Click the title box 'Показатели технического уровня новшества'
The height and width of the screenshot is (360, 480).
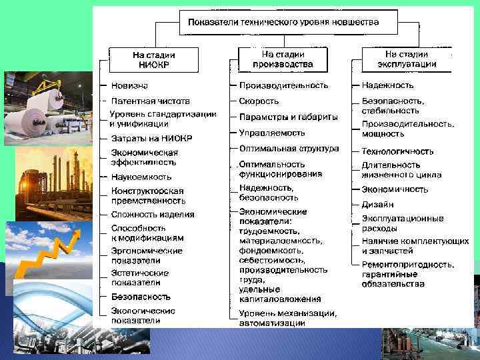click(x=283, y=23)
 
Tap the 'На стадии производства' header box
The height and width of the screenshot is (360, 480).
click(x=283, y=59)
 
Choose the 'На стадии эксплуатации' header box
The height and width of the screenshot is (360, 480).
click(x=406, y=59)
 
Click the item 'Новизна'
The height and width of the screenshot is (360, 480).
click(x=130, y=85)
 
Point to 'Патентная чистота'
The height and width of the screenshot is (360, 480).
click(x=151, y=101)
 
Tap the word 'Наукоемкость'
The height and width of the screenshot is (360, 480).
click(x=141, y=177)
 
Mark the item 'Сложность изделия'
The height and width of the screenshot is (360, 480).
click(x=153, y=214)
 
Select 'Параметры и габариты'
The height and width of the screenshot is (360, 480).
click(x=288, y=117)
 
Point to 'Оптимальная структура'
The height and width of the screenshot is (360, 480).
click(x=289, y=149)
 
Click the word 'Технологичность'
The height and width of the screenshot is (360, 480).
click(x=397, y=151)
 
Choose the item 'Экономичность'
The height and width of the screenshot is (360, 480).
click(x=395, y=189)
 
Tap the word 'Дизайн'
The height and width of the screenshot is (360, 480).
click(x=377, y=204)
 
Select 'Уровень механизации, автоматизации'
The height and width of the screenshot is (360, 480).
click(x=288, y=318)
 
